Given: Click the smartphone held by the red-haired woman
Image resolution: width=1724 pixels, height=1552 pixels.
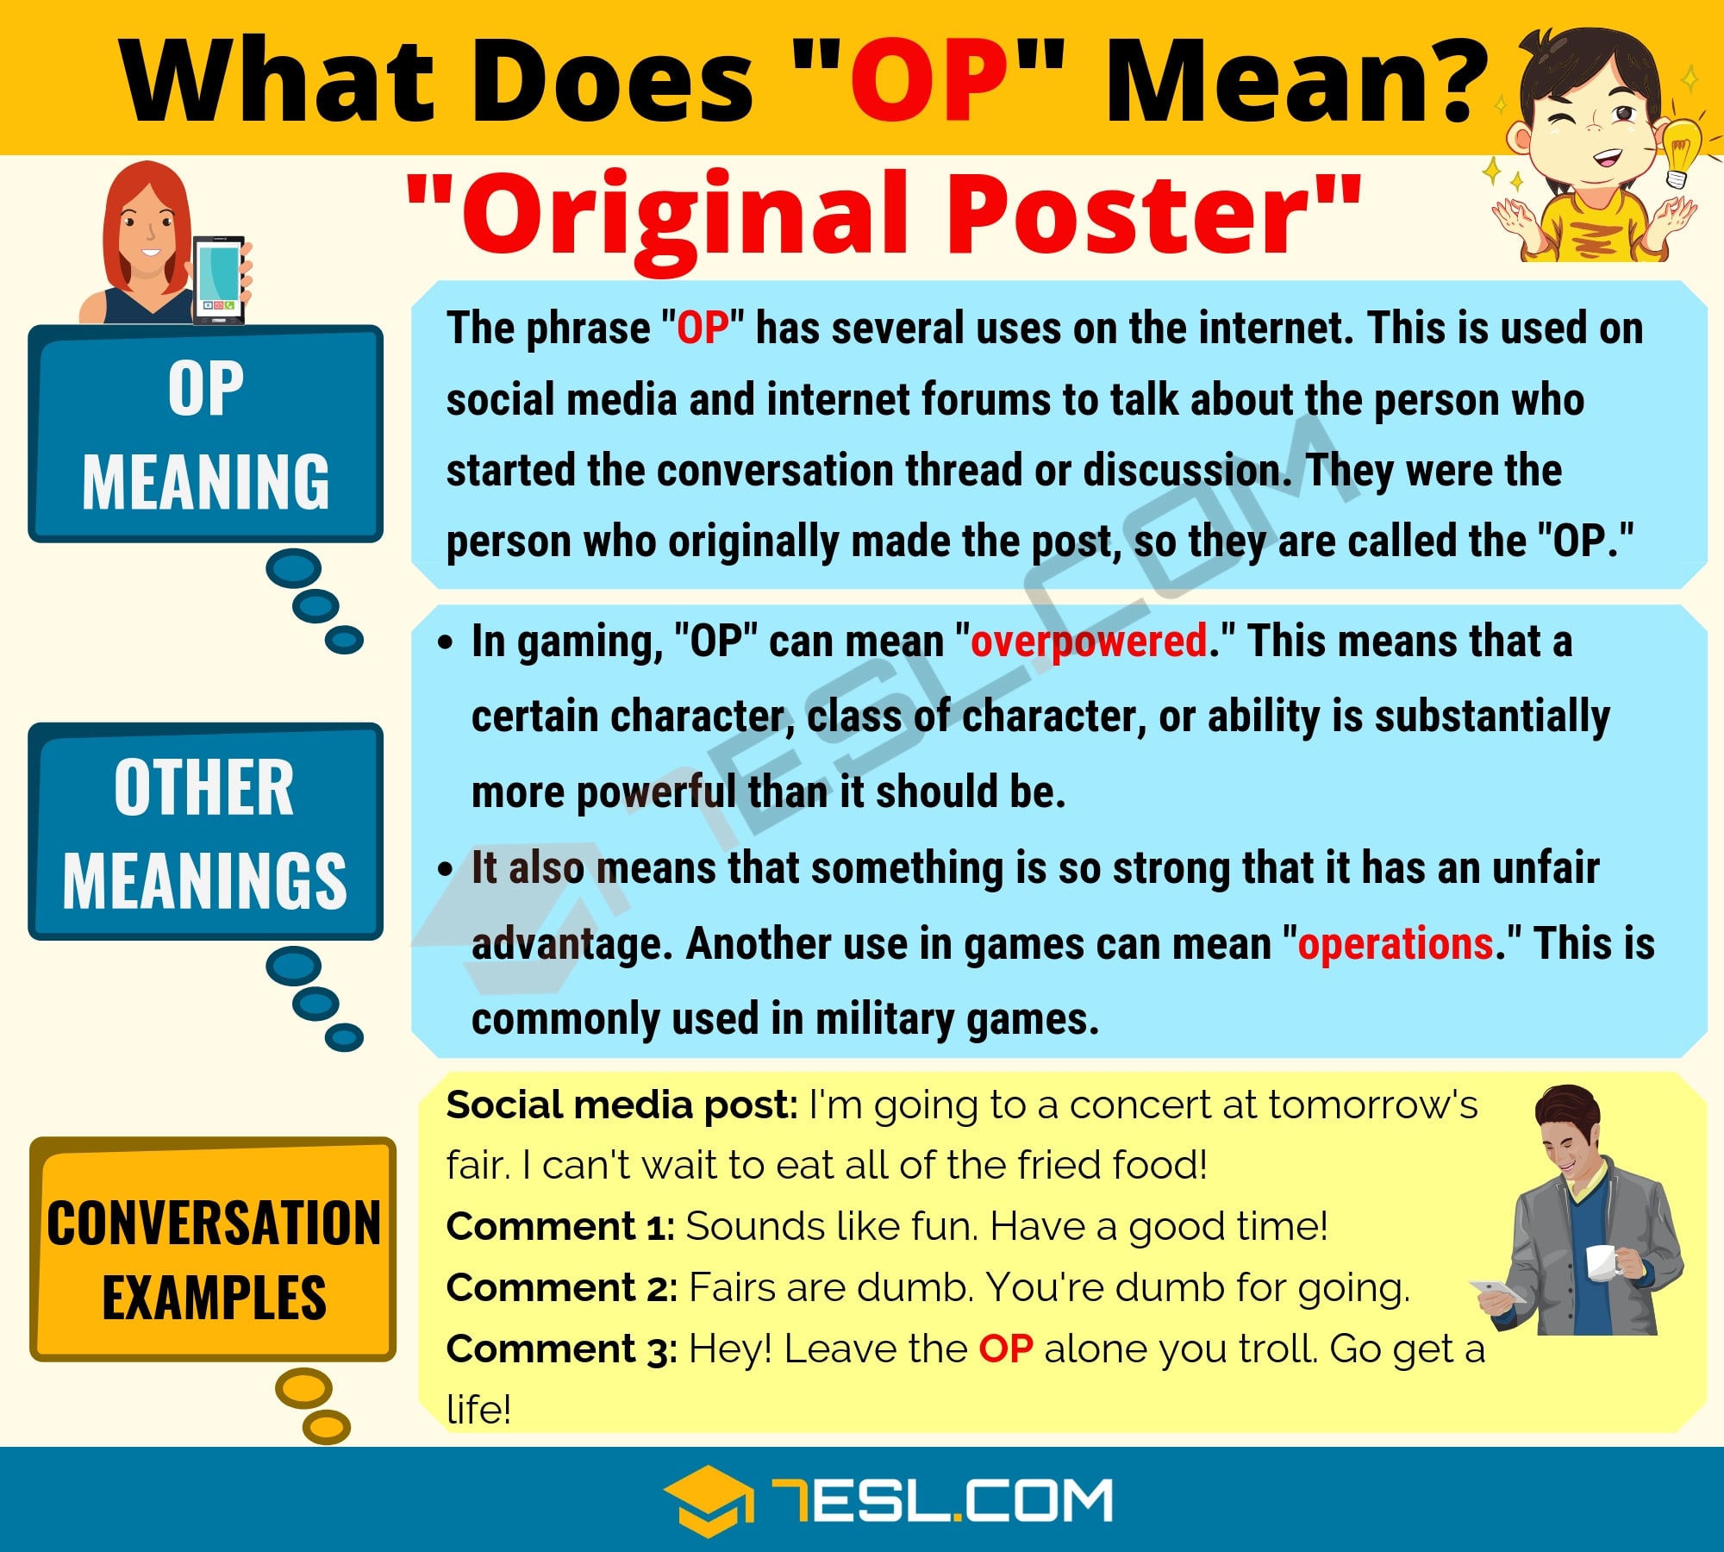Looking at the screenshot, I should [219, 278].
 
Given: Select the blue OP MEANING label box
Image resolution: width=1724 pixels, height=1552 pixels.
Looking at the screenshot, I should [205, 434].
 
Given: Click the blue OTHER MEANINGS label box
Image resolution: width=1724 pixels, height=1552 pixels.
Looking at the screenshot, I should [205, 831].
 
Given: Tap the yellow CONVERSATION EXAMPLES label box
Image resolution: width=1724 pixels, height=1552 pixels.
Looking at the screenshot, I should [213, 1249].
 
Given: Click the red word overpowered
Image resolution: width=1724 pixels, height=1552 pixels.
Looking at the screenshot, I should [1088, 641].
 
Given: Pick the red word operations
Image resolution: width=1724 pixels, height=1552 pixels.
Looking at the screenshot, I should [1395, 943].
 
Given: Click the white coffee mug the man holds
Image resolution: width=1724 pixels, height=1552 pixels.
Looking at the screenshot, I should [1602, 1262].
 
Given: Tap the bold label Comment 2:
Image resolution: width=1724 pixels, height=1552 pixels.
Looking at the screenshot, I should [562, 1288].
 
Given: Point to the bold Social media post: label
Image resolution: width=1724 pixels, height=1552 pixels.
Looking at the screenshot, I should [622, 1105].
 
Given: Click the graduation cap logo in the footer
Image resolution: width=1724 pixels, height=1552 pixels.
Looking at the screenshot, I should [707, 1500].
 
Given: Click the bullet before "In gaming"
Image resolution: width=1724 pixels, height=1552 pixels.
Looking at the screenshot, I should [445, 642].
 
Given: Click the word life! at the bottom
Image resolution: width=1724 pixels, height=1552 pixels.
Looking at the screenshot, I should [478, 1410].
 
